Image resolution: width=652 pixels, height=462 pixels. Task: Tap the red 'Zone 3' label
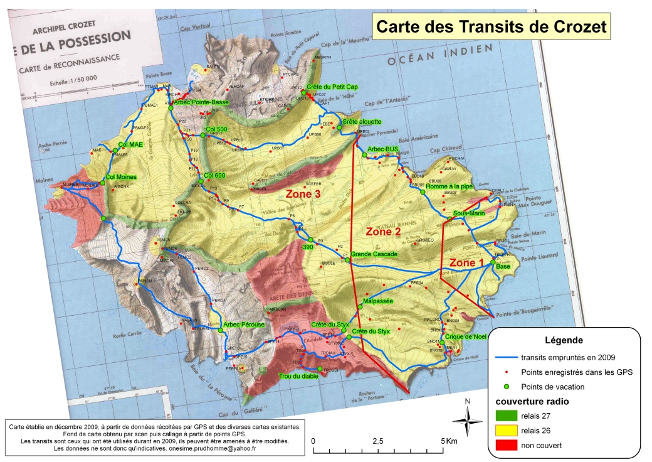tap(303, 194)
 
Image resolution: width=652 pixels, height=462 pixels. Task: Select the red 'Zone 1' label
tap(467, 263)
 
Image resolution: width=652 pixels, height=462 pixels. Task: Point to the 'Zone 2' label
tap(383, 232)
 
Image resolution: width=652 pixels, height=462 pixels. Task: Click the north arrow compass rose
tap(467, 419)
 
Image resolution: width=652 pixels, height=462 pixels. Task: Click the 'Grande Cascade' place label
tap(374, 254)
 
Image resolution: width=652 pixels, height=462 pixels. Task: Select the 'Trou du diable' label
tap(298, 377)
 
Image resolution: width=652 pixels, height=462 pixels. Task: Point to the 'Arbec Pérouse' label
tap(244, 325)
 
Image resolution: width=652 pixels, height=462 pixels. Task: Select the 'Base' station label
tap(503, 267)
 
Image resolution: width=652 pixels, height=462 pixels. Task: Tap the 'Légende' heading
tap(565, 340)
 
